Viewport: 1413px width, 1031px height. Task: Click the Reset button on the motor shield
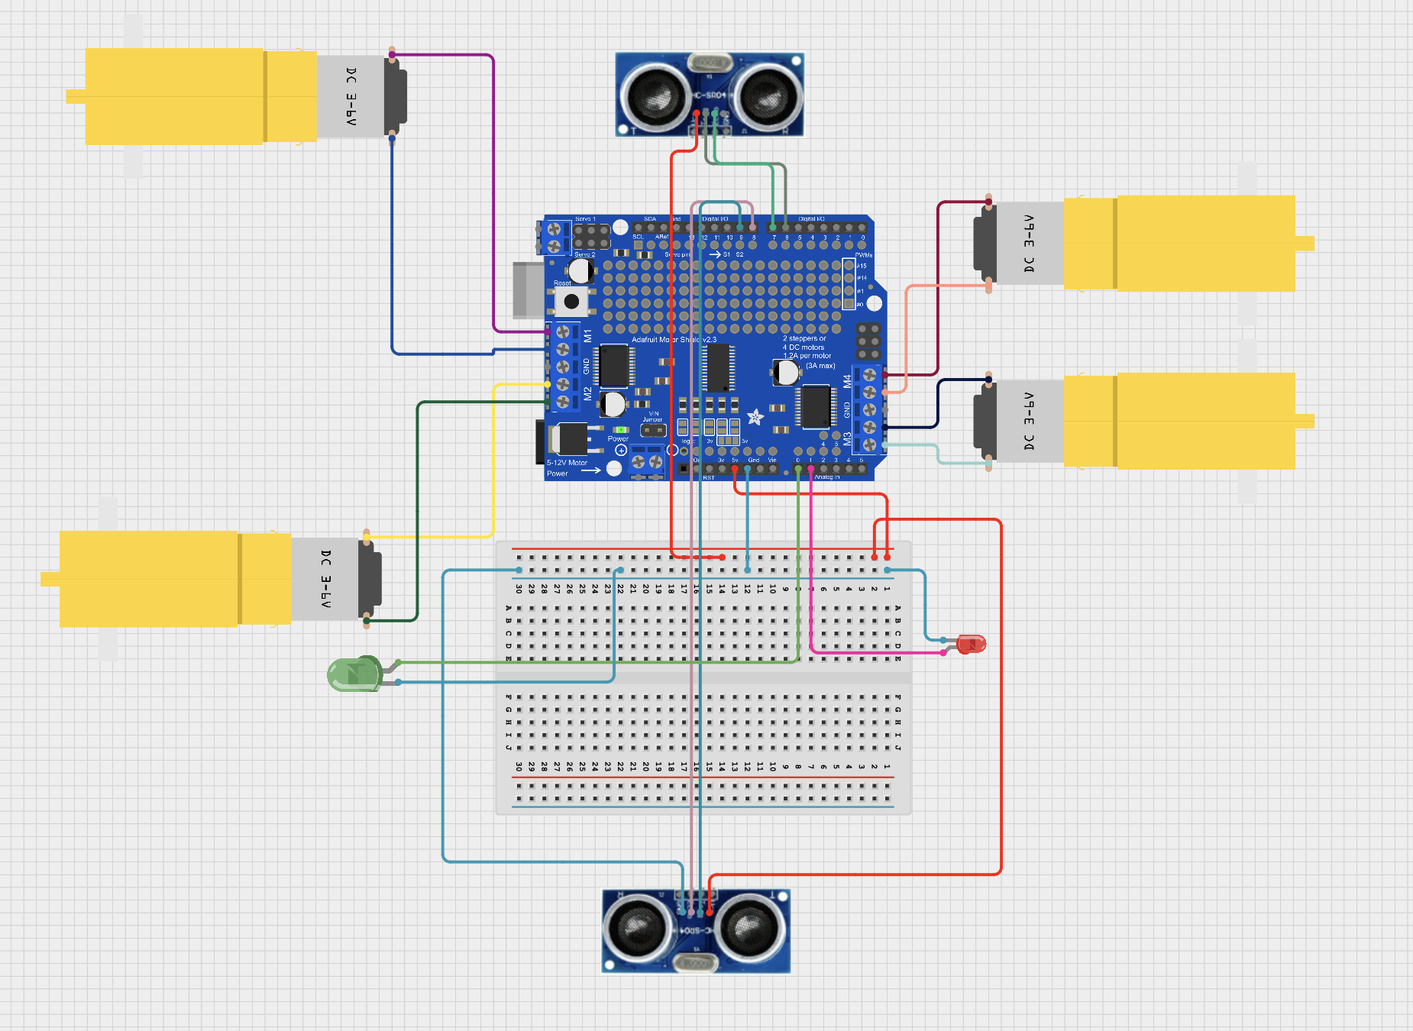[x=571, y=301]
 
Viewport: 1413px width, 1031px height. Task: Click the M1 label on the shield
[x=587, y=335]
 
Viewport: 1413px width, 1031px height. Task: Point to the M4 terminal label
[x=847, y=380]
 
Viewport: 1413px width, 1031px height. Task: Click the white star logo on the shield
[x=755, y=417]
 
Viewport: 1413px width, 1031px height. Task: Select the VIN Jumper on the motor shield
[x=653, y=430]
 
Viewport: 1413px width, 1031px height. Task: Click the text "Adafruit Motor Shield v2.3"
[x=674, y=339]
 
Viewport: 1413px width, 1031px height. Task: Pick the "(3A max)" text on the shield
[x=820, y=366]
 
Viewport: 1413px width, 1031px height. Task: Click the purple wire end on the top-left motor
[x=392, y=54]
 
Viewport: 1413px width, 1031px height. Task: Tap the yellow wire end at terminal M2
[x=548, y=384]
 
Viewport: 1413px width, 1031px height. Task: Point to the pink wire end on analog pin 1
[x=810, y=469]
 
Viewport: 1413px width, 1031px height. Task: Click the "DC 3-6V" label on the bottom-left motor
[x=326, y=578]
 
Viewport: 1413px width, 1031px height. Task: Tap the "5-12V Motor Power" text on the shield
[x=567, y=467]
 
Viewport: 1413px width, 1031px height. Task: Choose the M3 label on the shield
[x=847, y=438]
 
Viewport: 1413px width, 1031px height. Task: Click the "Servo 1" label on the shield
[x=585, y=219]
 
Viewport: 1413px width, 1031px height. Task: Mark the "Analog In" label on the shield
[x=826, y=477]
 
